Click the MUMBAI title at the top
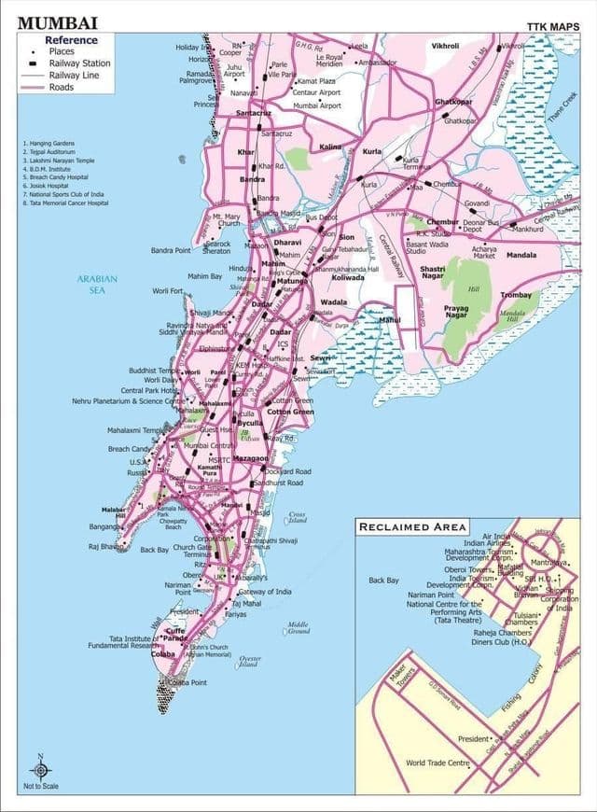(57, 22)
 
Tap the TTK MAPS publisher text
(553, 26)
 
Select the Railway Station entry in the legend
(79, 63)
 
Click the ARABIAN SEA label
(96, 285)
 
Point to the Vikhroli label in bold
(445, 45)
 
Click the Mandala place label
(521, 255)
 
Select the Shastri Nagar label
(433, 272)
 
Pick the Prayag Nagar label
(456, 312)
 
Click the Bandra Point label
(171, 250)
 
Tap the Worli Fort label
(168, 291)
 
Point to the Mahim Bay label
(205, 276)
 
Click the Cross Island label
(297, 516)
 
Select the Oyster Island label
(250, 662)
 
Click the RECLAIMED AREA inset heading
(412, 527)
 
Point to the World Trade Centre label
(437, 763)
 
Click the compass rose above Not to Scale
(40, 770)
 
